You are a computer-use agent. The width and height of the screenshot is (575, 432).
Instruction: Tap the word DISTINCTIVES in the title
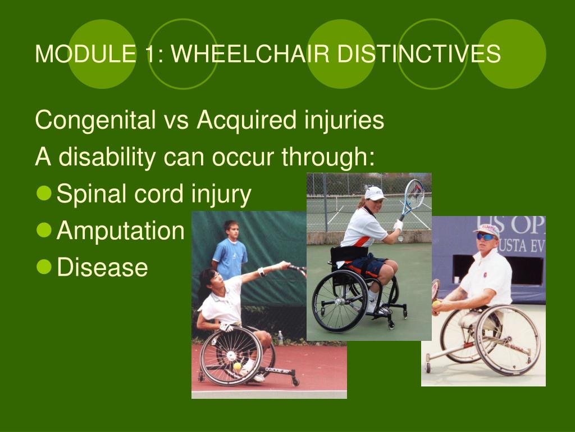[419, 53]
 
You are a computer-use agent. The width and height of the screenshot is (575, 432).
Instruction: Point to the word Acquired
[247, 120]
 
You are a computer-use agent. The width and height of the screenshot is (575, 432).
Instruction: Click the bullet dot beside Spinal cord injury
[44, 193]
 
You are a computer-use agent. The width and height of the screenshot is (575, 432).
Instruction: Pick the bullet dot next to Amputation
[44, 230]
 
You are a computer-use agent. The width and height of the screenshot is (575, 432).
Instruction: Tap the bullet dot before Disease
[44, 267]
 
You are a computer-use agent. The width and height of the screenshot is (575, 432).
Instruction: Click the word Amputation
[120, 231]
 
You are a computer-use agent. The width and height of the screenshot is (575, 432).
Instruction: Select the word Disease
[102, 267]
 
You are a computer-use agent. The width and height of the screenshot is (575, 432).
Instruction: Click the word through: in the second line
[328, 157]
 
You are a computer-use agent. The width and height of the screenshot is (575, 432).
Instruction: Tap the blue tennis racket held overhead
[413, 199]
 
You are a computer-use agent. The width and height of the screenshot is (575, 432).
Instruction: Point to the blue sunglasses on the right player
[486, 237]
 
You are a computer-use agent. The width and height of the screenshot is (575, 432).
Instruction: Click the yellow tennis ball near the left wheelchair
[238, 366]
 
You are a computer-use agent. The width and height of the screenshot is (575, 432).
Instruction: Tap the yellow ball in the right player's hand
[436, 303]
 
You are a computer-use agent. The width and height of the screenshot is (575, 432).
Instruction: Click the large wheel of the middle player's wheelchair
[340, 301]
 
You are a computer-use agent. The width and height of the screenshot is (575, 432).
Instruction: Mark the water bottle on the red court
[281, 337]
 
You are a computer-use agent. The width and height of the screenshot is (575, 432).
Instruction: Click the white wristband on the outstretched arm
[262, 272]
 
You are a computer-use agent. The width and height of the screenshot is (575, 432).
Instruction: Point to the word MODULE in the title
[85, 53]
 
